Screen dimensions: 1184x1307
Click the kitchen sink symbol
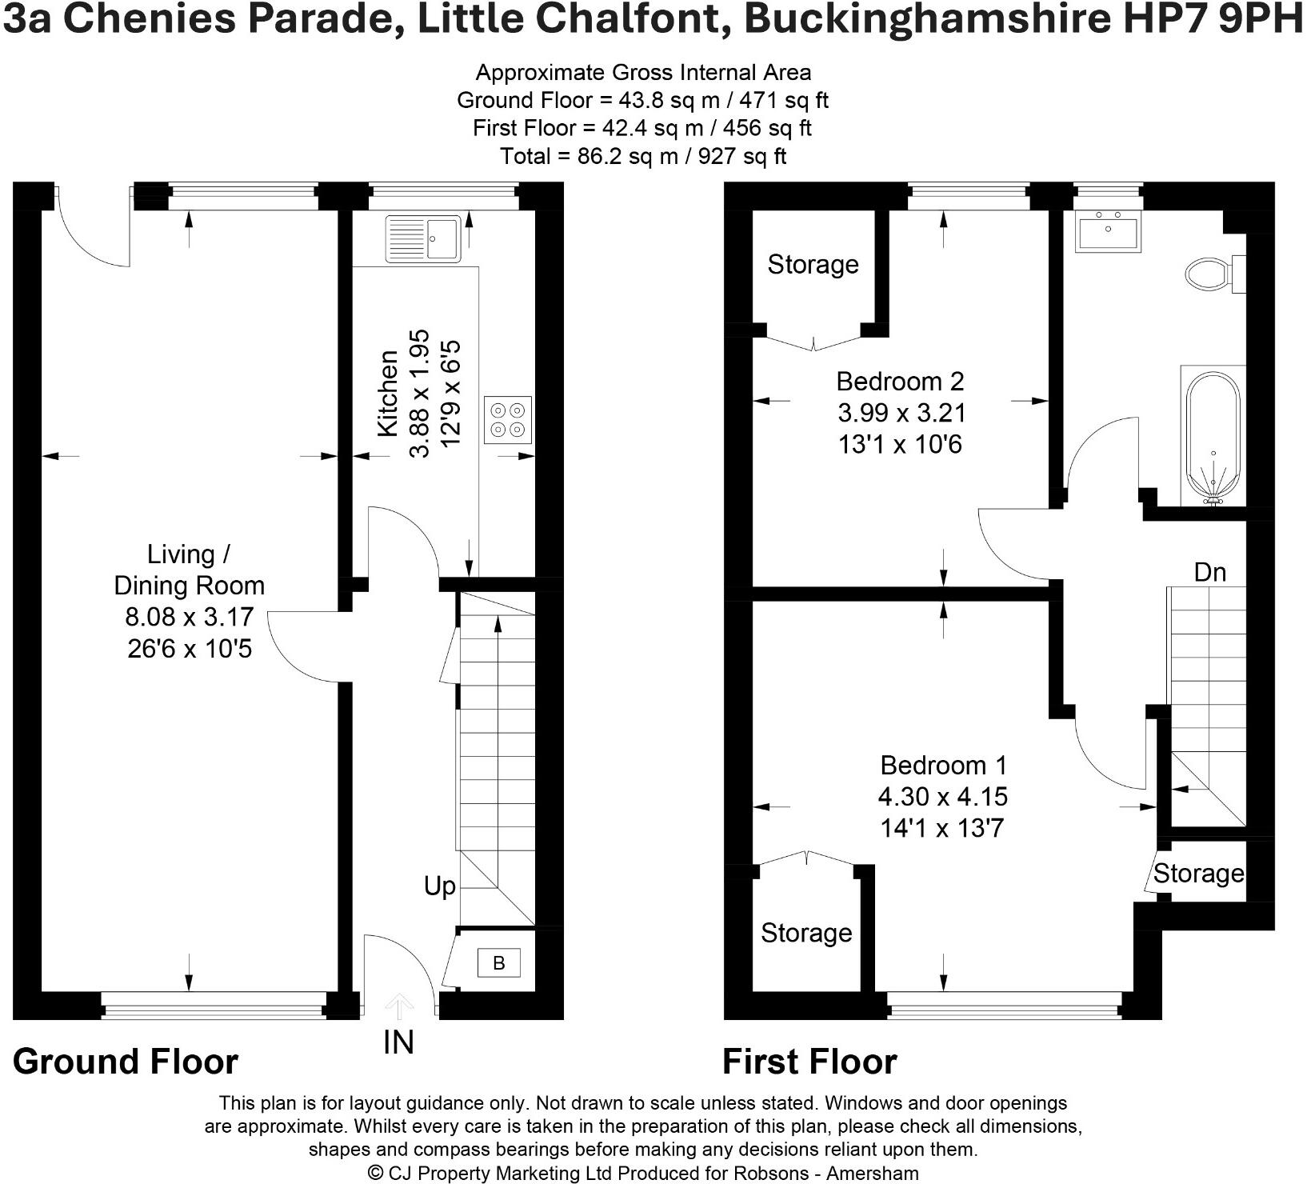click(x=423, y=238)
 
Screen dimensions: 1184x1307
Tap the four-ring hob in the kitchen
click(x=508, y=420)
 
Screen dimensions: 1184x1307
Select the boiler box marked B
click(x=498, y=963)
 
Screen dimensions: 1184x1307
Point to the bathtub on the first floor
click(x=1213, y=436)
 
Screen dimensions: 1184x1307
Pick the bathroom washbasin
click(x=1108, y=231)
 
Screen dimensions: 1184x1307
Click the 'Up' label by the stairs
click(x=440, y=886)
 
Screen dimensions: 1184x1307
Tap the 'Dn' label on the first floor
click(x=1209, y=572)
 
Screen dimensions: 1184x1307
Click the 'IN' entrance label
click(x=398, y=1042)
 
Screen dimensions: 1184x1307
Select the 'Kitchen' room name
click(x=387, y=393)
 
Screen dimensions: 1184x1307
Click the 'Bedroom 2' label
click(x=900, y=381)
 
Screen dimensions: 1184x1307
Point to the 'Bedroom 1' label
click(x=943, y=766)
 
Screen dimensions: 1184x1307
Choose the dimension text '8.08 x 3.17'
click(x=190, y=617)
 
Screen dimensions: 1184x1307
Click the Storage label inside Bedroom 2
click(x=813, y=265)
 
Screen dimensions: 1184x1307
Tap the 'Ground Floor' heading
click(x=126, y=1062)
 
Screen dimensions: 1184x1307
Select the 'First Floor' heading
click(x=809, y=1062)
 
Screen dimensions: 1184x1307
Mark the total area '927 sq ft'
click(x=742, y=156)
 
